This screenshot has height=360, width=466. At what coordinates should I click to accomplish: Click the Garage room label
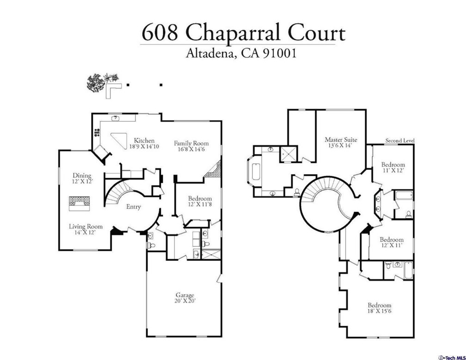pos(185,295)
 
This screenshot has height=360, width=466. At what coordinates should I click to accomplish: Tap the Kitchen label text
pos(144,140)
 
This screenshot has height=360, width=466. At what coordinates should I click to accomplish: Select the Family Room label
pos(191,143)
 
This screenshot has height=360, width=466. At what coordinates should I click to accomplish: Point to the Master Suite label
pos(341,140)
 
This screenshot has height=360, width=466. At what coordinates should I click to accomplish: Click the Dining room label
pos(82,175)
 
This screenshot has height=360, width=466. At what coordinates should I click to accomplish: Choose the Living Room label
pos(86,226)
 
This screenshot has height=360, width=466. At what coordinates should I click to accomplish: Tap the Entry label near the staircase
pos(134,207)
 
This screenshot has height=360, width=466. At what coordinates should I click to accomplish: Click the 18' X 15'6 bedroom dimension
pos(380,311)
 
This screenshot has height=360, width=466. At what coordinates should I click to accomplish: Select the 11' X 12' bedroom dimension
pos(393,171)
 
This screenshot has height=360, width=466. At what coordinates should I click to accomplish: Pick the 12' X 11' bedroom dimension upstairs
pos(392,245)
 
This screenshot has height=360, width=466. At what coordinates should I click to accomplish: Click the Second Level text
pos(400,140)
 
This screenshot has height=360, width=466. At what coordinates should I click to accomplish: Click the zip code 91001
pos(279,53)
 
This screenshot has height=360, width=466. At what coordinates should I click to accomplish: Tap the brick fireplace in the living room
pos(80,203)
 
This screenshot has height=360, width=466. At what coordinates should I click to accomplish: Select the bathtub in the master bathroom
pos(256,172)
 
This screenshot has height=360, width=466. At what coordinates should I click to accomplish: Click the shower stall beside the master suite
pos(288,154)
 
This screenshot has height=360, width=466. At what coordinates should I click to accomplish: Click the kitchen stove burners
pos(97,132)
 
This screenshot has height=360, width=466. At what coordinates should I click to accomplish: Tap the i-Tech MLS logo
pos(452,357)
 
